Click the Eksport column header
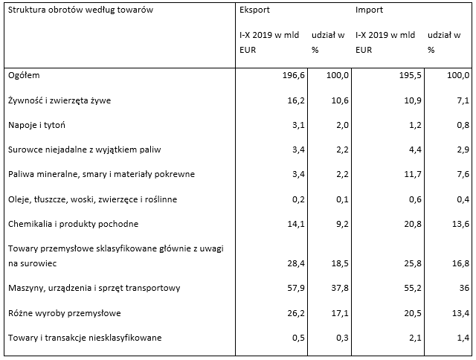254,11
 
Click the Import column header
369,11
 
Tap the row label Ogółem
23,75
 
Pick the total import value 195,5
408,75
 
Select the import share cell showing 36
463,288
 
